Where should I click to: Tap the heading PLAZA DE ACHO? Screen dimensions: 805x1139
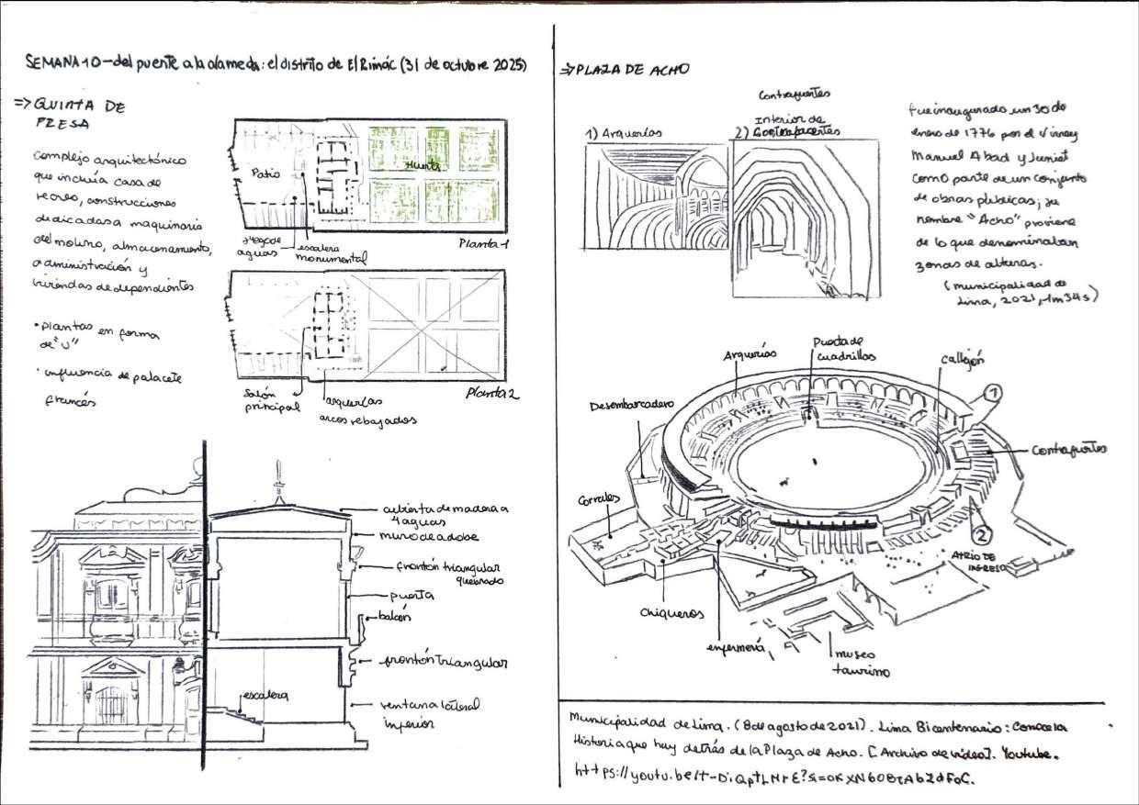[x=629, y=70]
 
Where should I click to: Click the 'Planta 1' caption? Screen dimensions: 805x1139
[x=482, y=244]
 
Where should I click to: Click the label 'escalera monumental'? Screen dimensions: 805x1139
[x=332, y=253]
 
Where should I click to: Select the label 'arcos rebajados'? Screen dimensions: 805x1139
[x=368, y=419]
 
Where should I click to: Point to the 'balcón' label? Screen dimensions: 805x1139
[x=393, y=617]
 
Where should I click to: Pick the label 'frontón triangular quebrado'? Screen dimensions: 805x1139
[x=438, y=573]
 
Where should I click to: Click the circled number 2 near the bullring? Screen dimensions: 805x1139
[x=980, y=533]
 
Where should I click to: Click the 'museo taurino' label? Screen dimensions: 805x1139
[x=860, y=662]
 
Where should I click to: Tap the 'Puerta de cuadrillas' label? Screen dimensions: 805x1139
[x=839, y=350]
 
